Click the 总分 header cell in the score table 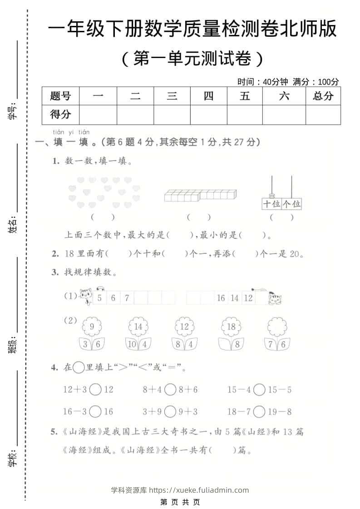(323, 96)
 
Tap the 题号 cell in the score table (60, 96)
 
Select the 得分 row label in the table (60, 115)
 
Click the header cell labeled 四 (208, 96)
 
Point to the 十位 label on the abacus (272, 204)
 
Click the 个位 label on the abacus (291, 204)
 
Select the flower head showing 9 (92, 327)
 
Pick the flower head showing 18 (231, 327)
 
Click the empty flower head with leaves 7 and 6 (277, 327)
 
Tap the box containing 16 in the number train (221, 298)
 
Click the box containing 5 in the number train (99, 298)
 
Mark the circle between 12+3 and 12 (95, 389)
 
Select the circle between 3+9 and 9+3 (170, 411)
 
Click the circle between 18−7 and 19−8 (259, 411)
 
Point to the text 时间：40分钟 (263, 82)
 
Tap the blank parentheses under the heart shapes (103, 217)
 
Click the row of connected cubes (200, 196)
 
